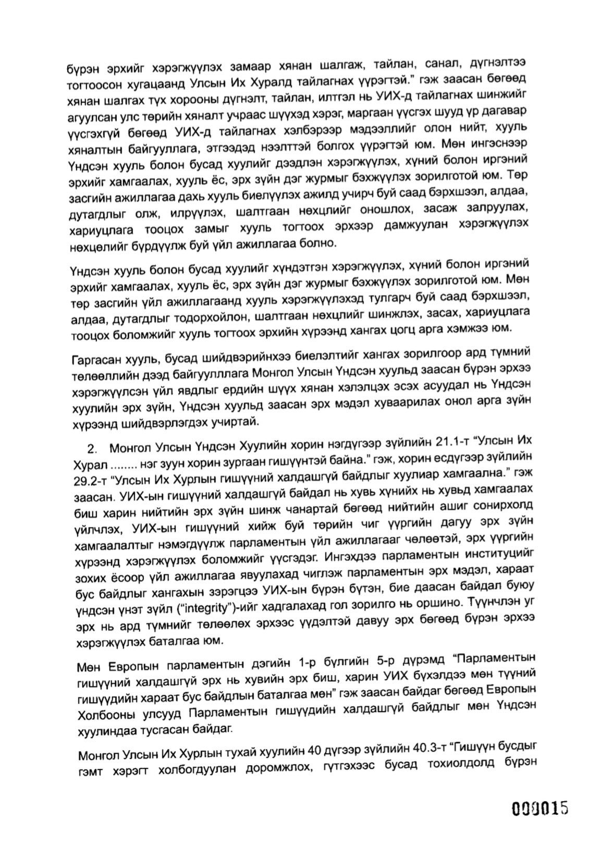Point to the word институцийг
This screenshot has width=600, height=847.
pos(496,560)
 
